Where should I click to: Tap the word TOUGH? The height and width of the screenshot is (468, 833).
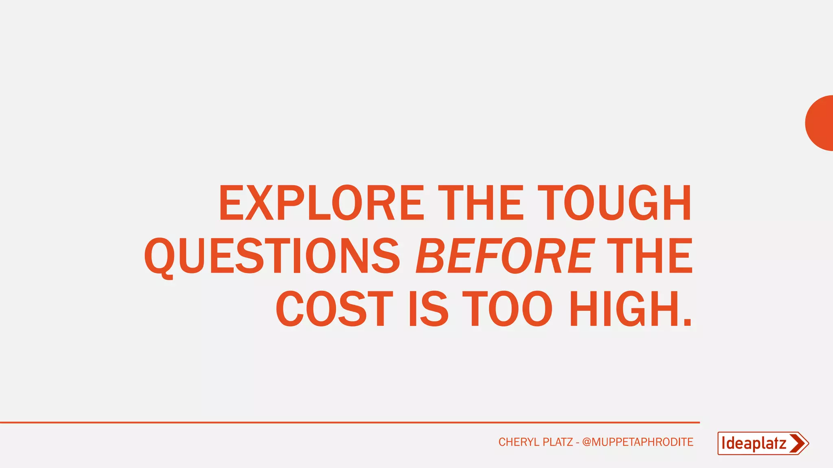tap(617, 203)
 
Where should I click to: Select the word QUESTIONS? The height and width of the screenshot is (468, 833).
tap(272, 256)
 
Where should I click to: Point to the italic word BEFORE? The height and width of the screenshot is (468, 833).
tap(505, 256)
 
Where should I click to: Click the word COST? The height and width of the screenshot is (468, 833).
tap(334, 309)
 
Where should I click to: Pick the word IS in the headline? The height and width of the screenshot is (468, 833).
tap(428, 309)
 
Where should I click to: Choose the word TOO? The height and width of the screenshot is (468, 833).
tap(508, 309)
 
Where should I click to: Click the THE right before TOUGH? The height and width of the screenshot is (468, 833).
tap(481, 203)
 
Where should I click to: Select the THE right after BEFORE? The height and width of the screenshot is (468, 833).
tap(650, 256)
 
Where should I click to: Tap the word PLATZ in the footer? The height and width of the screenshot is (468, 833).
tap(558, 442)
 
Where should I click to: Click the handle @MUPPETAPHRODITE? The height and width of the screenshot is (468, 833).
tap(637, 442)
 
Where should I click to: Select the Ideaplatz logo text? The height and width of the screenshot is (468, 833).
tap(753, 443)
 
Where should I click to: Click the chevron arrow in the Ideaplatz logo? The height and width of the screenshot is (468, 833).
tap(798, 443)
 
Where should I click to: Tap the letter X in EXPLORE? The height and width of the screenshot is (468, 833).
tap(259, 203)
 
